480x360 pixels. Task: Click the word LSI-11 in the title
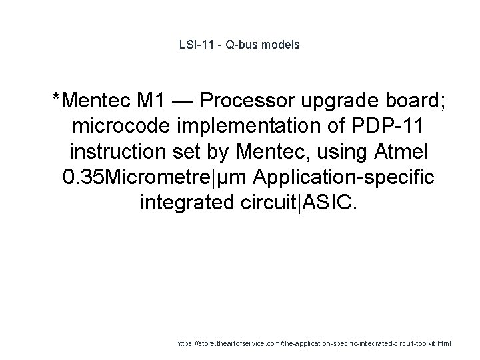click(195, 45)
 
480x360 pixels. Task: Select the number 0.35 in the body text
click(80, 177)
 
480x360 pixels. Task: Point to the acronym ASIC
click(333, 203)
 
